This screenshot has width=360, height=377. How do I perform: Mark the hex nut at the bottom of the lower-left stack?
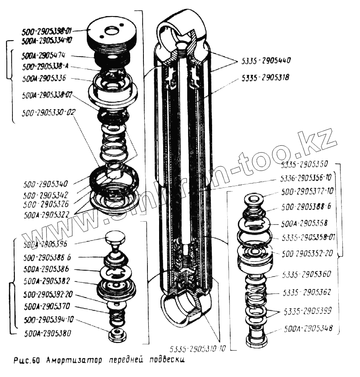pos(117,334)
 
